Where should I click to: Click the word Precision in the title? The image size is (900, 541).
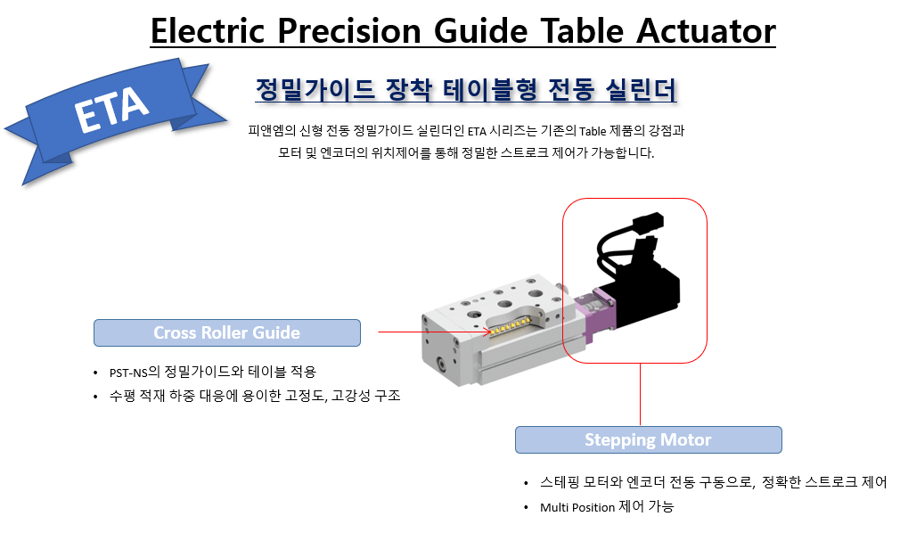click(349, 30)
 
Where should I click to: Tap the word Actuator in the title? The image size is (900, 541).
click(706, 30)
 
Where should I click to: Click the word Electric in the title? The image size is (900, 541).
click(208, 30)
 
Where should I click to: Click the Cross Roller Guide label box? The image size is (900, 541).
click(226, 332)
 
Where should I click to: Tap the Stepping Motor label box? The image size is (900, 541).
click(648, 440)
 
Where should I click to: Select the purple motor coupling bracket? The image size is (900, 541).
click(599, 313)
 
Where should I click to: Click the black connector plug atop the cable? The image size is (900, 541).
click(648, 220)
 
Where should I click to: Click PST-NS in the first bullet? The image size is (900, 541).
click(128, 373)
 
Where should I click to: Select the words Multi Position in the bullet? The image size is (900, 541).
click(577, 507)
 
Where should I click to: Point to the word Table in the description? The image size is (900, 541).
click(593, 131)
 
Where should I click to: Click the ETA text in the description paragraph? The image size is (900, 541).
click(477, 131)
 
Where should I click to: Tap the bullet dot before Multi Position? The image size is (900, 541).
click(526, 508)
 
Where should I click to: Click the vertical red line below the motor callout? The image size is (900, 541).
click(640, 395)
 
